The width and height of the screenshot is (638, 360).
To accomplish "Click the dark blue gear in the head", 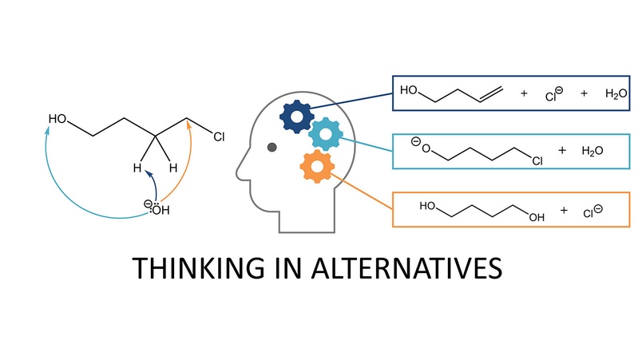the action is coord(297,117).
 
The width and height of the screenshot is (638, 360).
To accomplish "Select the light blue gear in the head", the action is coord(326,134).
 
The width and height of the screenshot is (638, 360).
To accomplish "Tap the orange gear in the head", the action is coord(317,166).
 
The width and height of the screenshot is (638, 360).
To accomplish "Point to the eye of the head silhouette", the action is coord(271,147).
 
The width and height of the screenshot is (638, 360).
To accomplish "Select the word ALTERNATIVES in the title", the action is coord(406,268).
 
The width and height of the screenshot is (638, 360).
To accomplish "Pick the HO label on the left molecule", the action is coord(57,119).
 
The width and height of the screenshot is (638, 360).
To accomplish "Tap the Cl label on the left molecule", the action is coord(219,137).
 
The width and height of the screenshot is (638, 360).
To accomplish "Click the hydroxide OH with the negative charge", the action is coord(157,208).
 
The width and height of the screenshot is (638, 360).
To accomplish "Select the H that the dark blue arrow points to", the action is coord(137,168).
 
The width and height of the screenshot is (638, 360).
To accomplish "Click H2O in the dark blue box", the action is coord(616,94).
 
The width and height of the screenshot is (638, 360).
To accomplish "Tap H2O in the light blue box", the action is coord(592,151).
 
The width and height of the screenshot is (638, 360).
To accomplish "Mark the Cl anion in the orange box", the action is coord(592,212).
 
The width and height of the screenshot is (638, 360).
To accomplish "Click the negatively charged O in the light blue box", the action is coord(421,145).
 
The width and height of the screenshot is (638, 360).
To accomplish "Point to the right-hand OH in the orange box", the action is coord(537,217).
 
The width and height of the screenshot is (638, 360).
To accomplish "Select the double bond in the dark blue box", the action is coord(492,94).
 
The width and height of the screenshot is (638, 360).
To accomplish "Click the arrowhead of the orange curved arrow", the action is coord(188,124).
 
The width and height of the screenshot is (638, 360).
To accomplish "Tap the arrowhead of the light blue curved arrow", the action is coord(48,130).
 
